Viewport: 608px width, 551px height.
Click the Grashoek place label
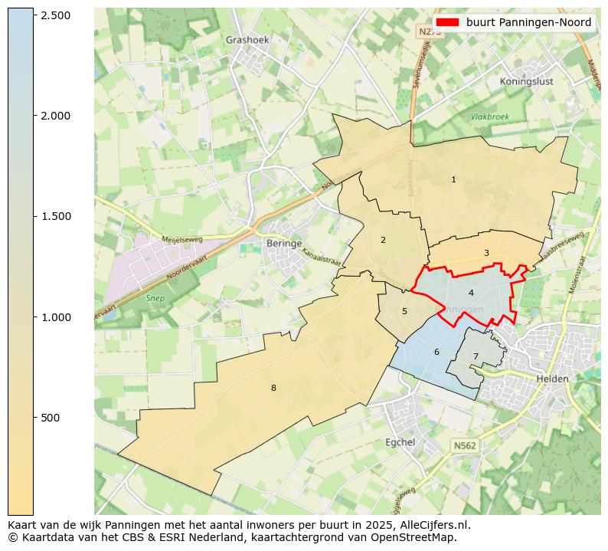[x=246, y=40]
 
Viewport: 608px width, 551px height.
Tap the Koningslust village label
[x=525, y=81]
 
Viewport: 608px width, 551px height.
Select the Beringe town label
[x=281, y=243]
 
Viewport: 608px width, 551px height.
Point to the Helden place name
[x=551, y=379]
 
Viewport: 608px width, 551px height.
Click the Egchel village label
[x=400, y=442]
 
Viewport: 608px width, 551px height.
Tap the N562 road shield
[x=464, y=445]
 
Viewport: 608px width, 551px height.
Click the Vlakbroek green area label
[x=489, y=117]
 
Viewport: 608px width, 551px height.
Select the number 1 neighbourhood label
[x=453, y=179]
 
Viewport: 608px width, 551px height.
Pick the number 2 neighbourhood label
[x=383, y=240]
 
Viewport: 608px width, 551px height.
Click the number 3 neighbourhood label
[x=486, y=253]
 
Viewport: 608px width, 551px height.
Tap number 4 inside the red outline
[x=471, y=293]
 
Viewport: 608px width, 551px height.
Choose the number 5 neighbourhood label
[x=404, y=311]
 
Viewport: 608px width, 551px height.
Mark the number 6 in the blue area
[x=436, y=352]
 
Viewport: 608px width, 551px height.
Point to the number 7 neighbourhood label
[x=475, y=356]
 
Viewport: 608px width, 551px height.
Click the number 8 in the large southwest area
[x=273, y=388]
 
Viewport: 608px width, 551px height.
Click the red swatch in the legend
[x=448, y=22]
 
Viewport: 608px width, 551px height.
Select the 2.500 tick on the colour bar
[x=54, y=15]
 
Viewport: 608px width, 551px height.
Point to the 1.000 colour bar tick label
[x=54, y=317]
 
